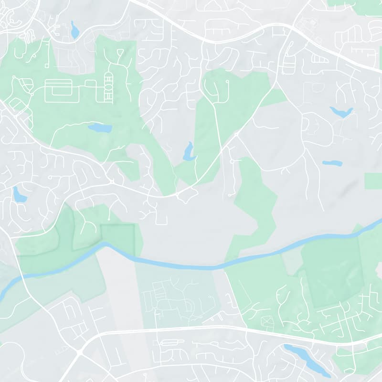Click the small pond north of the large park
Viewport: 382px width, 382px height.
click(x=74, y=30)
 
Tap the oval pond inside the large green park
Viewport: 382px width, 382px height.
click(x=100, y=128)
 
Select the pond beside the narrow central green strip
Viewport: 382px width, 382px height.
click(x=189, y=152)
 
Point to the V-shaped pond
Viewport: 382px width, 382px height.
click(x=341, y=113)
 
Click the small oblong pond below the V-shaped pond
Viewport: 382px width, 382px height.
click(x=332, y=163)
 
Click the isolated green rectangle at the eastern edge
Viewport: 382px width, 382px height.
click(x=373, y=181)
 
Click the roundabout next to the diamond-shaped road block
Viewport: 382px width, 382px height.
click(x=177, y=195)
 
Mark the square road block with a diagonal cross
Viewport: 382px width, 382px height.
click(x=265, y=321)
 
